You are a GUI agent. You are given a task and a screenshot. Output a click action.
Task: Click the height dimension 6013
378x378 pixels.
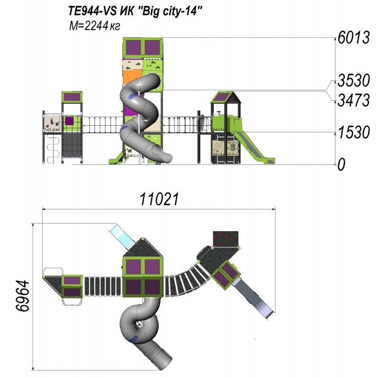353,38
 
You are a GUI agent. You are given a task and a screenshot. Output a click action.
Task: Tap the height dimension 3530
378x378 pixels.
353,80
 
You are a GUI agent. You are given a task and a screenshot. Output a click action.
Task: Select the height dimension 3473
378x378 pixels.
353,100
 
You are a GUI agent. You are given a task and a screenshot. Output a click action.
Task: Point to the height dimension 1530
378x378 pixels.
354,132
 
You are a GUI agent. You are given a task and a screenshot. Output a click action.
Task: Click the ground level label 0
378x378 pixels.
341,164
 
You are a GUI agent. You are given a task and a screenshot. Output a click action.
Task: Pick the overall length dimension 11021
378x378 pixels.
159,199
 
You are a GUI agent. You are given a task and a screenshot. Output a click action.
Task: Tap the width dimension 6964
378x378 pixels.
22,296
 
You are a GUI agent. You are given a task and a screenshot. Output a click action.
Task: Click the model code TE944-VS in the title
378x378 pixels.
93,11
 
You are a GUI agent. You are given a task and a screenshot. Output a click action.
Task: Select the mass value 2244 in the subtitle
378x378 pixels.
96,26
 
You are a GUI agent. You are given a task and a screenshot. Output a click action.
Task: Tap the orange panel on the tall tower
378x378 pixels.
132,77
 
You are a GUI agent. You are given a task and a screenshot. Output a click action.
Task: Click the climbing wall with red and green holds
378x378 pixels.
226,239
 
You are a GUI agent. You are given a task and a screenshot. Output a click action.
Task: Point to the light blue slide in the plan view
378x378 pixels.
121,236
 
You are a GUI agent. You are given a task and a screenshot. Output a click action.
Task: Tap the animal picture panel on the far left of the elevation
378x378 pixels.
52,123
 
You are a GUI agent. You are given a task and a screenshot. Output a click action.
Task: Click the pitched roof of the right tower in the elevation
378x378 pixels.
226,97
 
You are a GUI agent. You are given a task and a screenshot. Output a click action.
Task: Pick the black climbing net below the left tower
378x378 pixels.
72,145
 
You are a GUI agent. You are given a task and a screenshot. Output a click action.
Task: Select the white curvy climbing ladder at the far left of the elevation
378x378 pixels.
53,149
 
